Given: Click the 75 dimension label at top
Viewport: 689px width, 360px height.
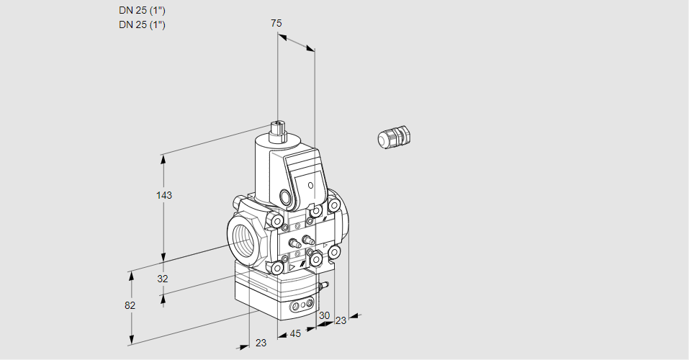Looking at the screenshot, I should click(x=276, y=23).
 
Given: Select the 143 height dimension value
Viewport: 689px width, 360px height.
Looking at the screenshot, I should click(x=166, y=195).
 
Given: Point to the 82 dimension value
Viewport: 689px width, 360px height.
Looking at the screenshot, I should click(x=130, y=305).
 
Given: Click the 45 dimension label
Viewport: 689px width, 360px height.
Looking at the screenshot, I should click(x=295, y=334).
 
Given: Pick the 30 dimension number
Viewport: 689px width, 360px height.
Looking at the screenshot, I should click(x=324, y=315).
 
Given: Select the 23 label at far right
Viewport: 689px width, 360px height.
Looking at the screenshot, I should click(x=341, y=320).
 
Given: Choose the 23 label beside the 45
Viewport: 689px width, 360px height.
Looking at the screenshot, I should click(x=261, y=343).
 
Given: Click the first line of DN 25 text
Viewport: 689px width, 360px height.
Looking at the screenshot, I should click(x=142, y=10).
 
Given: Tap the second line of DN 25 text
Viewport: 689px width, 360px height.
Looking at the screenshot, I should click(x=142, y=24).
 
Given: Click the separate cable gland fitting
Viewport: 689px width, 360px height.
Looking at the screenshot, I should click(x=393, y=137).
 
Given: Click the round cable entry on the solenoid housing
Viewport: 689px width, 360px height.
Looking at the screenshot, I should click(x=286, y=197).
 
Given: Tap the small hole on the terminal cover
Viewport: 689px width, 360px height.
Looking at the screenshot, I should click(x=310, y=186).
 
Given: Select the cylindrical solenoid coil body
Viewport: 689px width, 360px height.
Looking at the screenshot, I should click(x=266, y=169).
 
